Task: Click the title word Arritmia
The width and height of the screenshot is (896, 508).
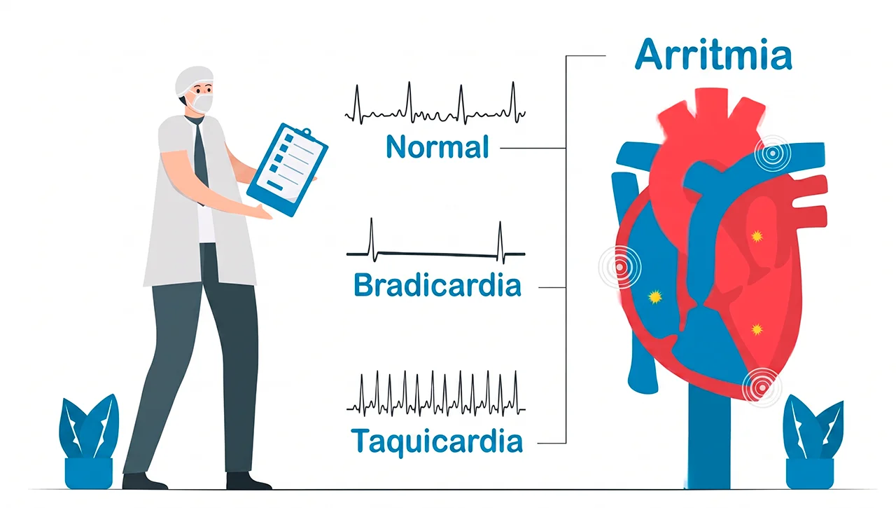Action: tap(713, 55)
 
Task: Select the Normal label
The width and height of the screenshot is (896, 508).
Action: tap(437, 146)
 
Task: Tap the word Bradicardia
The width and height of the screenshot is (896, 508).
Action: tap(437, 284)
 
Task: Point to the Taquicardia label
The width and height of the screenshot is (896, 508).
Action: tap(437, 441)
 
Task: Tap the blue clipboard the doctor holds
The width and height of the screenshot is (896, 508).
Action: tap(287, 170)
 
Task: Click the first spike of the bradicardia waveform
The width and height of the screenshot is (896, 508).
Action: tap(372, 240)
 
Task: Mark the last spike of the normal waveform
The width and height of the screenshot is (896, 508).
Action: tap(514, 102)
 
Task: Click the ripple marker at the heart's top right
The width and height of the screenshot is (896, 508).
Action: tap(773, 153)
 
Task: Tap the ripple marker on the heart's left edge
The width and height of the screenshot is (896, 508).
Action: tap(620, 267)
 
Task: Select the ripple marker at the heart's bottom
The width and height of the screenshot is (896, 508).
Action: tap(762, 387)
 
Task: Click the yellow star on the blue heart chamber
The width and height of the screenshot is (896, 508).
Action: tap(655, 297)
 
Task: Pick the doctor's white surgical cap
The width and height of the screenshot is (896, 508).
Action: tap(193, 80)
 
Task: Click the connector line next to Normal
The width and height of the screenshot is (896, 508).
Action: tap(533, 148)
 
